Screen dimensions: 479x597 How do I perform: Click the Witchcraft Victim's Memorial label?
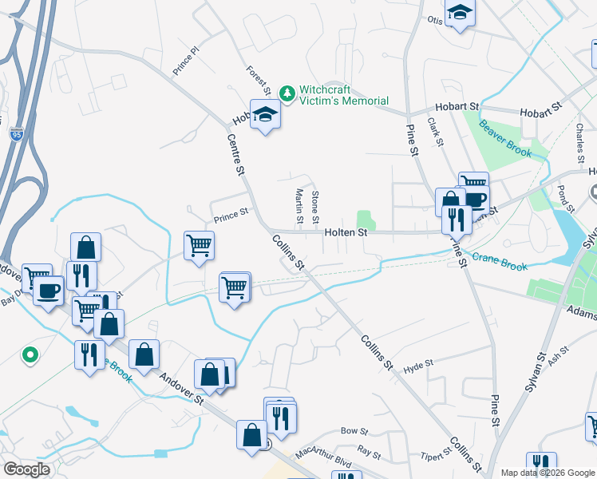pos(344,95)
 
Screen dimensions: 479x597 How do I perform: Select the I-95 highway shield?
pos(16,135)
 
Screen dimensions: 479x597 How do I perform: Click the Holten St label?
pos(346,233)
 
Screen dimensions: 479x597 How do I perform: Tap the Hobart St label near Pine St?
pos(457,106)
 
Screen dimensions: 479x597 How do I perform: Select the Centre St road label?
pos(235,154)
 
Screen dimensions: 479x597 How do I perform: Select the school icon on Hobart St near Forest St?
pos(265,115)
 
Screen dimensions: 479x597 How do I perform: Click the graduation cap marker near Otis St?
pos(460,12)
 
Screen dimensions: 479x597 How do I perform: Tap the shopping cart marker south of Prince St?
pos(199,245)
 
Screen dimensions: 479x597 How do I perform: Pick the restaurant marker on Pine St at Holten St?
pos(457,217)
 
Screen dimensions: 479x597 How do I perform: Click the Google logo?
pos(27,469)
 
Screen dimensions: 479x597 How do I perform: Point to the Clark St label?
pos(436,133)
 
